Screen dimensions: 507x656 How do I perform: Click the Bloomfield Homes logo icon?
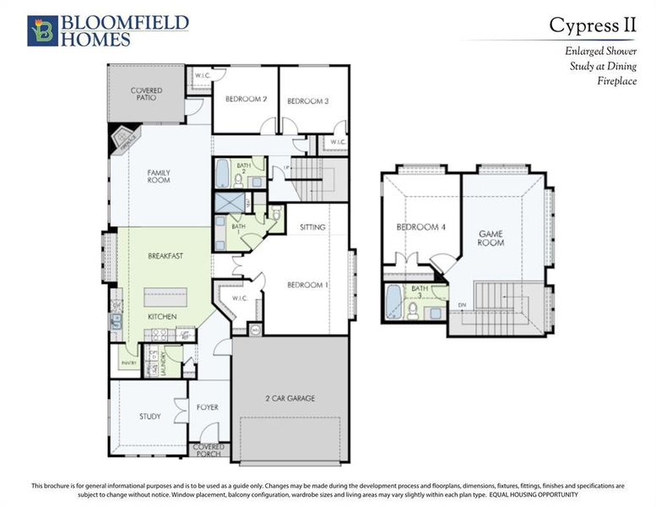[x=41, y=30]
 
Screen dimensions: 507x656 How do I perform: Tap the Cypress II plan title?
[x=592, y=25]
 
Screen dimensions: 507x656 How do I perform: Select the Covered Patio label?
[x=146, y=95]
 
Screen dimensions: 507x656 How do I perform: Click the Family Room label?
[x=159, y=176]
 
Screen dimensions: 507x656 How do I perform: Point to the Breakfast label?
[x=165, y=255]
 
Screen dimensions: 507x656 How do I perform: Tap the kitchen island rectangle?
[x=166, y=297]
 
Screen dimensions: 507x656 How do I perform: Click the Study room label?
[x=150, y=416]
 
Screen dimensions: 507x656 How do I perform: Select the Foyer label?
[x=208, y=407]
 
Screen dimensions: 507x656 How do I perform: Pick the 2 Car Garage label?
[x=290, y=398]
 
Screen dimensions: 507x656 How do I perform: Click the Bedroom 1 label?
[x=307, y=285]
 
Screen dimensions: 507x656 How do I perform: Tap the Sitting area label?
[x=313, y=227]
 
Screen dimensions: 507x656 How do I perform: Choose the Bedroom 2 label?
[x=247, y=100]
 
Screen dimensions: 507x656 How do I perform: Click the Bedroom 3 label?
[x=307, y=101]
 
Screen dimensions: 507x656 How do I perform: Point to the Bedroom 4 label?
[x=416, y=226]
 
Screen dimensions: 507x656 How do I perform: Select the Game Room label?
[x=492, y=237]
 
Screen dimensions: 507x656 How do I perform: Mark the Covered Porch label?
[x=209, y=450]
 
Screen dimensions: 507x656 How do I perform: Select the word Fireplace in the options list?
[x=616, y=82]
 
